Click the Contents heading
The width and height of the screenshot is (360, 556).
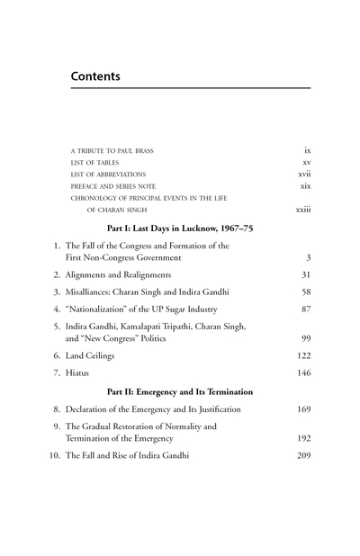108,77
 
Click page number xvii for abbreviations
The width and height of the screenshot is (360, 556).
305,174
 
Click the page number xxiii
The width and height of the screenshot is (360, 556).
303,212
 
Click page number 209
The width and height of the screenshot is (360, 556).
303,455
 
